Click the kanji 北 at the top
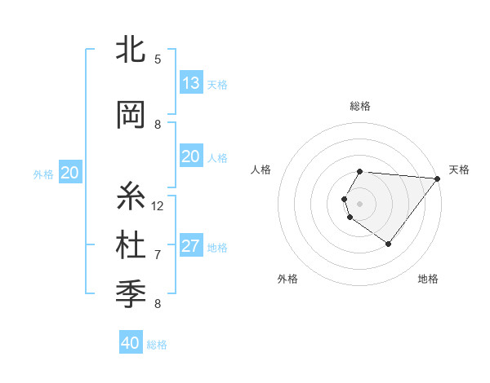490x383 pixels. coord(131,49)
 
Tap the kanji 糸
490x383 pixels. coord(131,196)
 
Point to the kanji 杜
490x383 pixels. coord(131,245)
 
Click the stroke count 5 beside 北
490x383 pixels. coord(158,59)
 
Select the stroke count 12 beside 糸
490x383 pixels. coord(158,205)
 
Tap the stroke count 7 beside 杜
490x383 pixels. coord(158,254)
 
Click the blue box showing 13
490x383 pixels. coord(191,83)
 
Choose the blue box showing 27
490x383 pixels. coord(191,246)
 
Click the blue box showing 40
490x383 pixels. coord(131,343)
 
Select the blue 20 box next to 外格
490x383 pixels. coord(70,173)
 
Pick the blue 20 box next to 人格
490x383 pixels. coord(191,156)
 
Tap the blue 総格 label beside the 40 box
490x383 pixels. coord(157,345)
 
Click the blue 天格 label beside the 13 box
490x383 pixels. coord(216,84)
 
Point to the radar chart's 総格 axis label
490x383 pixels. coord(360,106)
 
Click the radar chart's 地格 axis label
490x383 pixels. coord(428,279)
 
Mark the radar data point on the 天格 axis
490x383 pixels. coord(438,178)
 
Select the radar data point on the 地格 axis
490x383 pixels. coord(388,244)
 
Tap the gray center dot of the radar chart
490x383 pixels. coord(360,203)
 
